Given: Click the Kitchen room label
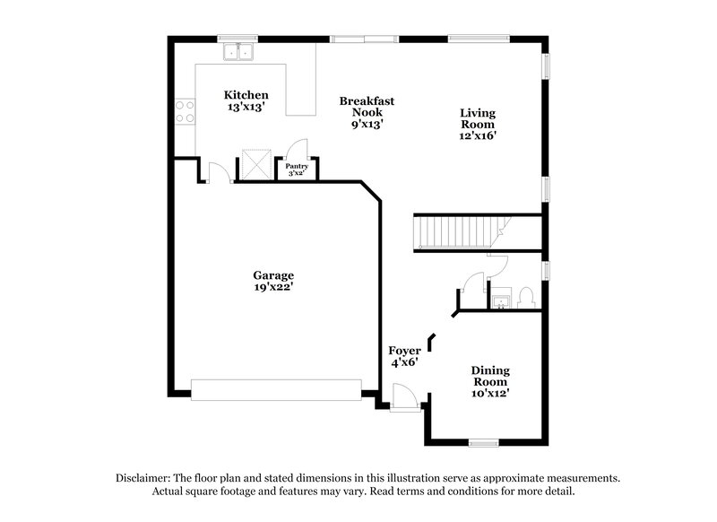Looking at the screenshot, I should coord(246,95).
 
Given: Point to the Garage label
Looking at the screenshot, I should coord(273,275).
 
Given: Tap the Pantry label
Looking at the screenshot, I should coord(297,166).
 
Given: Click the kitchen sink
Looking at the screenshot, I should coord(238,51).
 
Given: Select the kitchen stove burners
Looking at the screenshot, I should coord(185,111).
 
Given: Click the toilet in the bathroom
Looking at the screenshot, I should coord(527,295).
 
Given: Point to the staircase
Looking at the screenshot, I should coord(459,232).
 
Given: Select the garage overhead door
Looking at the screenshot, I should coord(276,389).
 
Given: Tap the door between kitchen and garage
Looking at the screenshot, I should coord(218,172).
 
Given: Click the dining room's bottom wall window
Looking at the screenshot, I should coord(483,442).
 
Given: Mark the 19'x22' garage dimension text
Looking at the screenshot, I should coord(273,288).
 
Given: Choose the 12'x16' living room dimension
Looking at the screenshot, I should coord(478,136).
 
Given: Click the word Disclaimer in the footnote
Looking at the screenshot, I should coord(146,478).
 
